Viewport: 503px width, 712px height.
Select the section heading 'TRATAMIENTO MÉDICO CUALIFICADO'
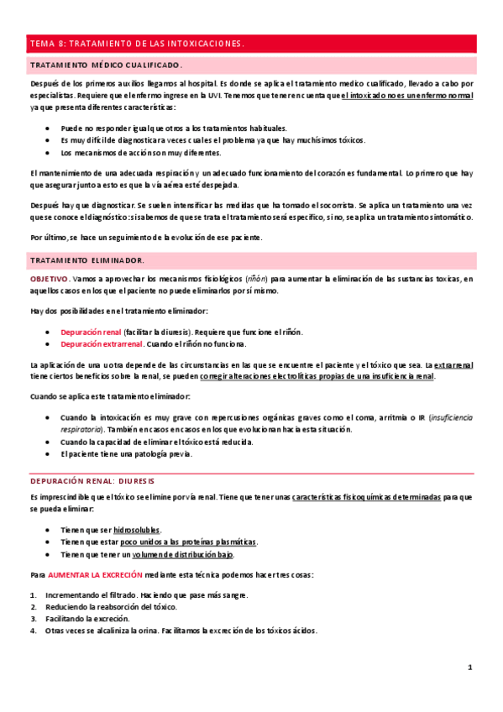pos(106,65)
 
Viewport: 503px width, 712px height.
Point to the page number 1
pos(471,667)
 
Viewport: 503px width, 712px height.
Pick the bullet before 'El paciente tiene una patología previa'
pos(50,454)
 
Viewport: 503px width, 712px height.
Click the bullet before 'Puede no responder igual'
pos(50,127)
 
